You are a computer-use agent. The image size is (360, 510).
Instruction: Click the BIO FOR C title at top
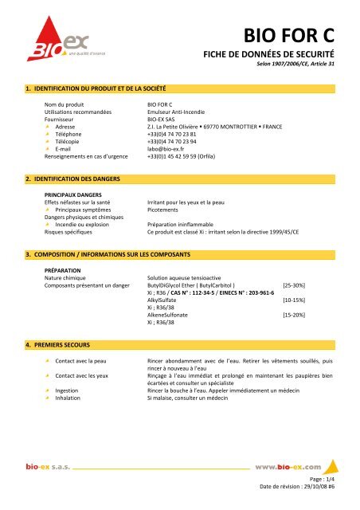303,36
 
